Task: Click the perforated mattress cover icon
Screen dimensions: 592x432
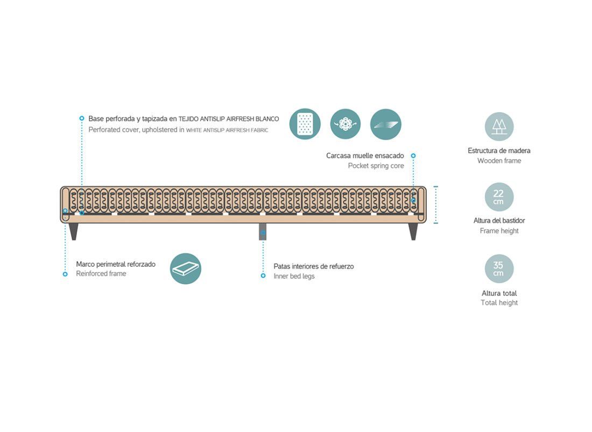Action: (305, 124)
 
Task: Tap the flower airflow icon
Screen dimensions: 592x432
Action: (346, 124)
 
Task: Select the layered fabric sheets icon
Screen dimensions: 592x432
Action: (386, 124)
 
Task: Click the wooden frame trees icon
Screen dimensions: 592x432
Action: (499, 126)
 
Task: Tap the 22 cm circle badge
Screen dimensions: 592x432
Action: (499, 197)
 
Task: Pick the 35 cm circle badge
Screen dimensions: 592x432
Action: (499, 268)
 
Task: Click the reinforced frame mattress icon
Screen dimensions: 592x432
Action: (185, 268)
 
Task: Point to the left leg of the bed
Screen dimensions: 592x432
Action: (74, 231)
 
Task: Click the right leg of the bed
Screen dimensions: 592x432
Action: (413, 231)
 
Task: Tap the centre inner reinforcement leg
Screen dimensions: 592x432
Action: (263, 231)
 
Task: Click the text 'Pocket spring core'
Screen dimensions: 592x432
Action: (376, 166)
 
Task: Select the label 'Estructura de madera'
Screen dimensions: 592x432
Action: (499, 151)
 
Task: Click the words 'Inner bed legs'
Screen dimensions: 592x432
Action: (294, 276)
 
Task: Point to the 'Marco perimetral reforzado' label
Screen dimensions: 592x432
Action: (116, 264)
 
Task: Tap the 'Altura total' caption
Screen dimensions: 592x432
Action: (499, 293)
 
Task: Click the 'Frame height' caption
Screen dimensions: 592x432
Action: (499, 231)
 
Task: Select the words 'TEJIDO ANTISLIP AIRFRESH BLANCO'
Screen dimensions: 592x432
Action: (228, 119)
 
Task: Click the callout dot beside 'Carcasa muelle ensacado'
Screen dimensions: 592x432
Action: (413, 156)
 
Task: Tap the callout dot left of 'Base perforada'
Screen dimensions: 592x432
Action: (82, 118)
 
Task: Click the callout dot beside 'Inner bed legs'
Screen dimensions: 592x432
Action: (263, 276)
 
